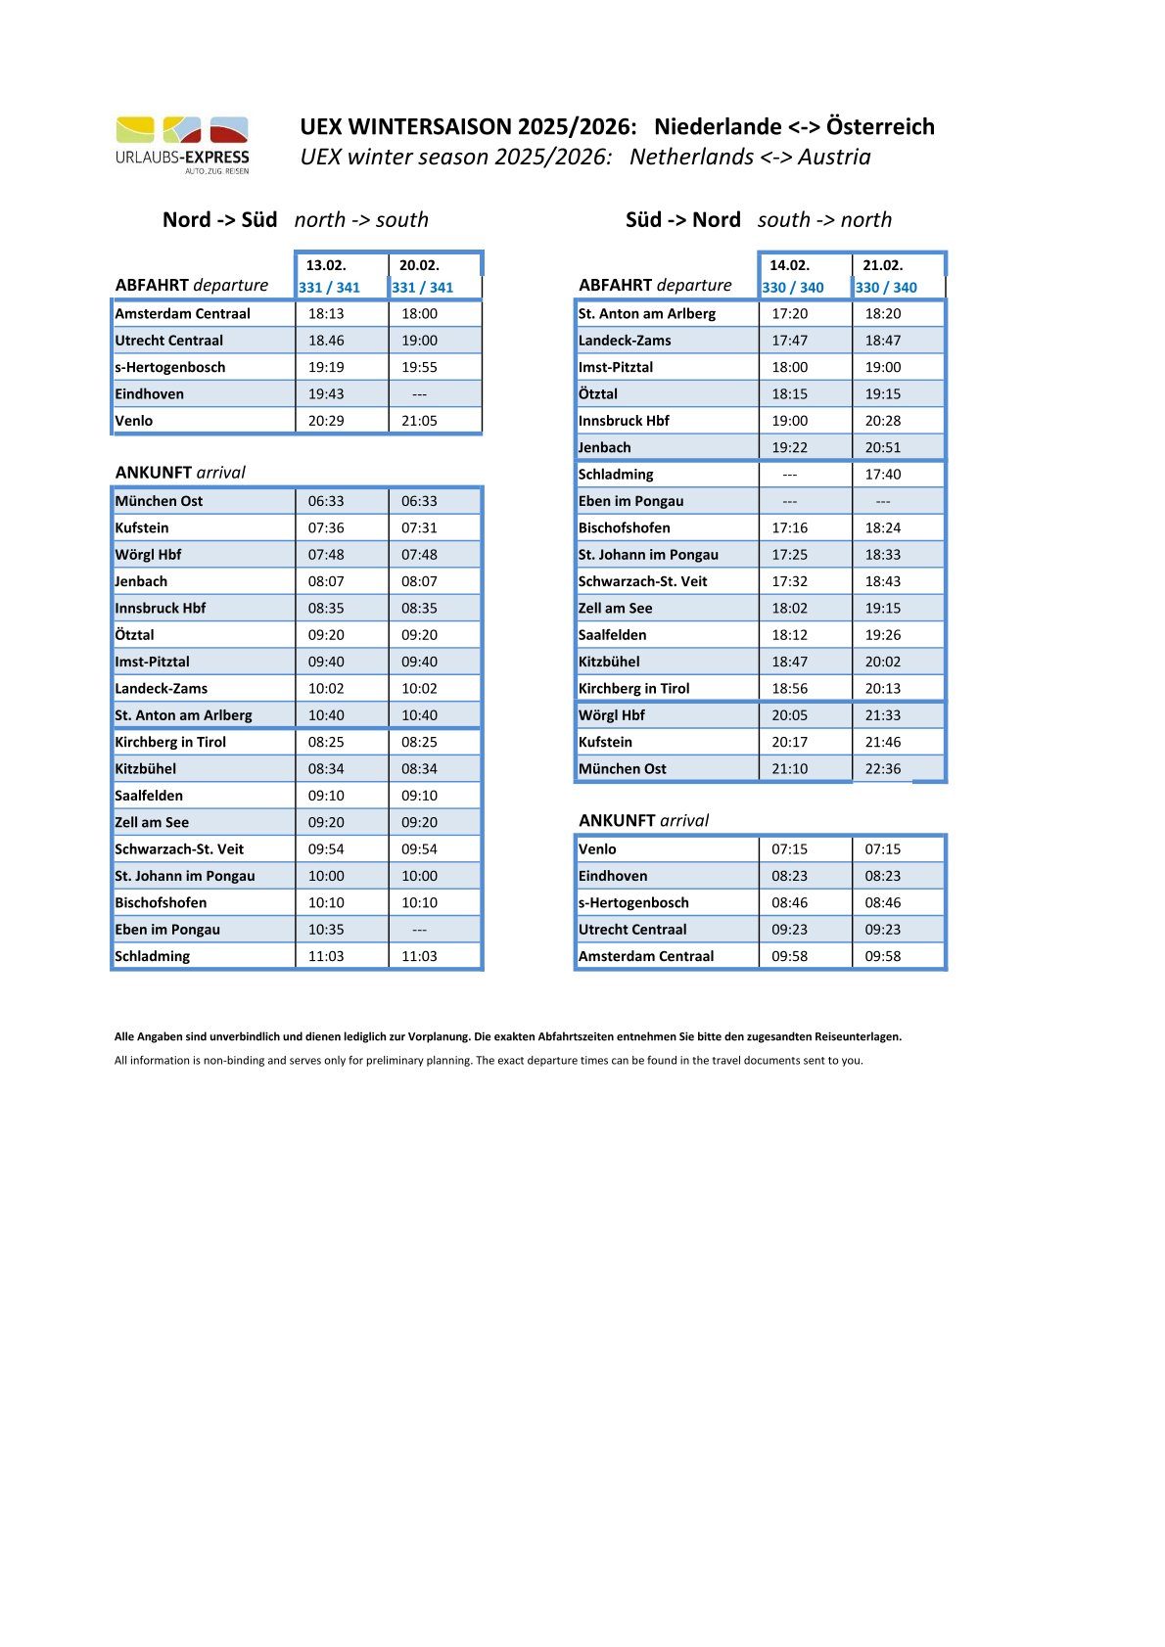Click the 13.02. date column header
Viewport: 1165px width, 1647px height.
[x=326, y=265]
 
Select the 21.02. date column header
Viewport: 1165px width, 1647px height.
[x=882, y=265]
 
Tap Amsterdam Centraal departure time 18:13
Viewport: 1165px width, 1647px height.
[x=326, y=314]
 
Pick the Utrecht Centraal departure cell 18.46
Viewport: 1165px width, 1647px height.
[x=326, y=341]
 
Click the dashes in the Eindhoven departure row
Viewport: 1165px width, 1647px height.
[x=419, y=394]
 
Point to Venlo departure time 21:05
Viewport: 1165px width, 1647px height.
[x=419, y=421]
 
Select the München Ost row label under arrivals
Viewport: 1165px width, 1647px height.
[x=159, y=501]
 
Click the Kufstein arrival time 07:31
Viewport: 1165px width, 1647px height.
[x=419, y=527]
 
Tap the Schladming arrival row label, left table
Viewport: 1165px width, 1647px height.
[x=153, y=956]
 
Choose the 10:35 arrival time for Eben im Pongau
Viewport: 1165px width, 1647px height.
[x=326, y=930]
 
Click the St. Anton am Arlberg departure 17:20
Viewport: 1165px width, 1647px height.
[x=789, y=314]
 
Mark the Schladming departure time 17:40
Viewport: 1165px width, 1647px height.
[x=882, y=475]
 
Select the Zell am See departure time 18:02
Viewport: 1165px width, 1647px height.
[x=789, y=608]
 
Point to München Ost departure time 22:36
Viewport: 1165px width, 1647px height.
[x=882, y=769]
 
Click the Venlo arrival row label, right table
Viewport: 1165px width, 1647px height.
[x=597, y=849]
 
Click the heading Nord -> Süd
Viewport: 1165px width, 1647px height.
[x=219, y=220]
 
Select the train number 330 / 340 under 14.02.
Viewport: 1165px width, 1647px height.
[x=793, y=288]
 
